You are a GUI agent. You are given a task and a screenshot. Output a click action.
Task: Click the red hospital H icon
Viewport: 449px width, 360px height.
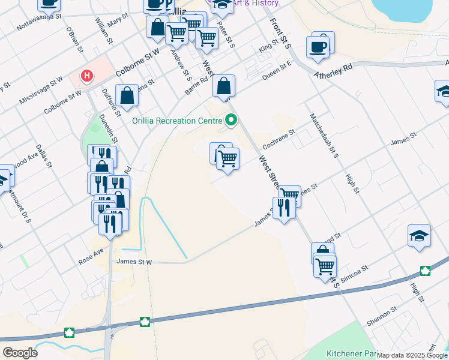88,76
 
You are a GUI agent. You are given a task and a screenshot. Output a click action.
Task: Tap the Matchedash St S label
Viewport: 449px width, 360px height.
324,135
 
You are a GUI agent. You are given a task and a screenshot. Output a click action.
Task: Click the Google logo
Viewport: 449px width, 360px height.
19,352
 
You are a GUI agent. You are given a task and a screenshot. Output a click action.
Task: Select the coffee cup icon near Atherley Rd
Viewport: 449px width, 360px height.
318,46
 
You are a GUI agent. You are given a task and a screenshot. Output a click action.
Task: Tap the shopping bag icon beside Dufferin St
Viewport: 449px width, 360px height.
127,96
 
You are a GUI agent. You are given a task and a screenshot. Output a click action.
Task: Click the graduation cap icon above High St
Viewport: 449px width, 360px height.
419,236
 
